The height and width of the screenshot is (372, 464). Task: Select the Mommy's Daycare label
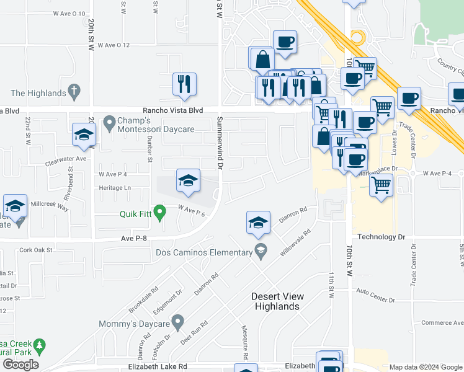pyautogui.click(x=136, y=323)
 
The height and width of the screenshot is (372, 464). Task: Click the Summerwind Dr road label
pyautogui.click(x=220, y=142)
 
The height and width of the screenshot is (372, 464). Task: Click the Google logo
pyautogui.click(x=20, y=364)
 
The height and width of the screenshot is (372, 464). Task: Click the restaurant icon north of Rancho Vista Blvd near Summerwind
pyautogui.click(x=184, y=84)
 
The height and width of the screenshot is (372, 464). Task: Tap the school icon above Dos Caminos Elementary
pyautogui.click(x=258, y=223)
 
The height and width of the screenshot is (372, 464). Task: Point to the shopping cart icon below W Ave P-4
pyautogui.click(x=381, y=184)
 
